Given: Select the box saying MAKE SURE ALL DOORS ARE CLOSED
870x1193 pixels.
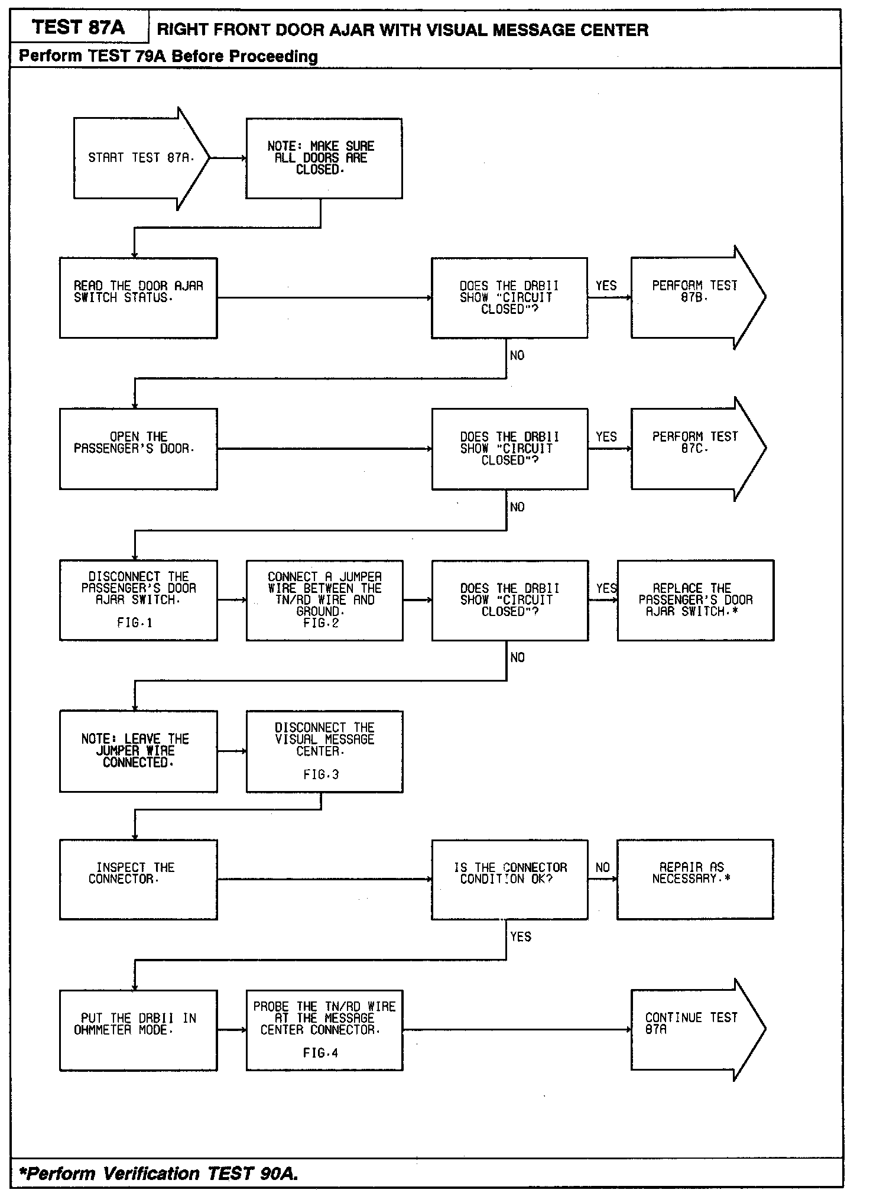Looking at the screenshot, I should coord(324,158).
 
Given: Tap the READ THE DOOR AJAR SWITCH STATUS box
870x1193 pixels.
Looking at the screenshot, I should coord(138,298).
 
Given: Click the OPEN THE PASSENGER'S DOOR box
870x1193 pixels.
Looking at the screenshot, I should coord(138,449).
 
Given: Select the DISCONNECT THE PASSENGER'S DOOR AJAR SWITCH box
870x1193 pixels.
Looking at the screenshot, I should coord(138,600).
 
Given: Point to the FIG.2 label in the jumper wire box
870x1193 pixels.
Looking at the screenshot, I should coord(321,623).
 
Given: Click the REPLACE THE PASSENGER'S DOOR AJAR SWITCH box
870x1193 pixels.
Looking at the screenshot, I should coord(696,600).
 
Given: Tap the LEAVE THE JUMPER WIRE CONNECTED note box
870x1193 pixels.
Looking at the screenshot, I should coord(138,751).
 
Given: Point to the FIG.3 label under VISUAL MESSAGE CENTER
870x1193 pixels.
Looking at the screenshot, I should coord(321,774).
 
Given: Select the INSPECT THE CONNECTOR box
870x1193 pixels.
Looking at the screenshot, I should coord(138,879).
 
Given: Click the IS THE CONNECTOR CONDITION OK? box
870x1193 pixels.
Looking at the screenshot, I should coord(509,879).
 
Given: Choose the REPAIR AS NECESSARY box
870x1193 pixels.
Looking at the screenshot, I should coord(695,879).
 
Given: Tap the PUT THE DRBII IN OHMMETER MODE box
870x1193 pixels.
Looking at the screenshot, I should coord(138,1030).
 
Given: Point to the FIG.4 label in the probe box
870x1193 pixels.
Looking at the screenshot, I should coord(321,1053).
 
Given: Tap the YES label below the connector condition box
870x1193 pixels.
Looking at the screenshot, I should coord(521,937).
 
